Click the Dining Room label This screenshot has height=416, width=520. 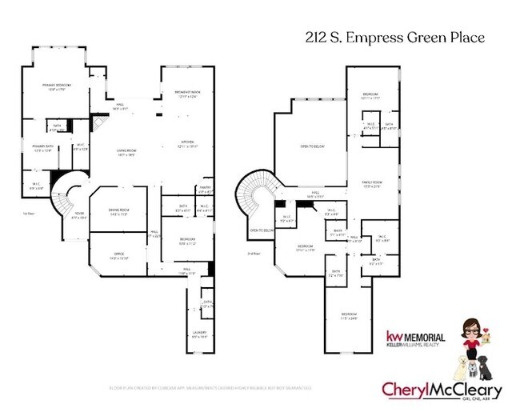click(119, 210)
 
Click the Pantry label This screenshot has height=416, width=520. click(204, 190)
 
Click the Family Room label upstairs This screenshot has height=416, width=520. click(372, 184)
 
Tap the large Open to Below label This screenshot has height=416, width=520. click(311, 147)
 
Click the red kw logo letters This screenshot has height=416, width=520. click(394, 336)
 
